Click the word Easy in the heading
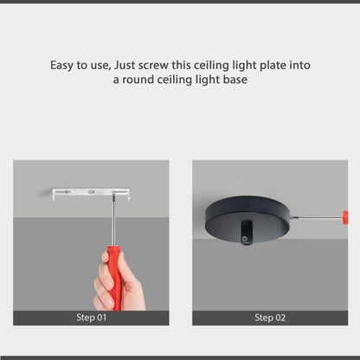click(61, 66)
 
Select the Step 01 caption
click(90, 318)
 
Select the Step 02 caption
click(269, 318)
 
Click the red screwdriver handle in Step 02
click(344, 216)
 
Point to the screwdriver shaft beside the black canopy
click(318, 216)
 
